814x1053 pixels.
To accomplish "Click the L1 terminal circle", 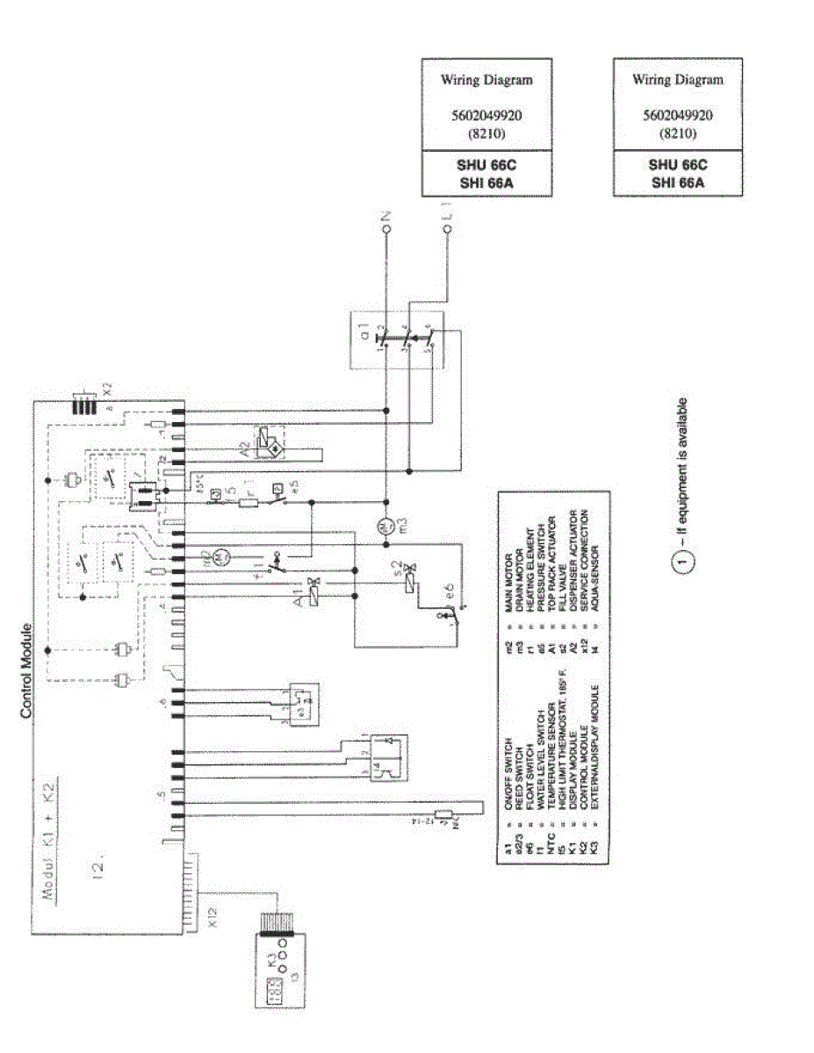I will pos(447,229).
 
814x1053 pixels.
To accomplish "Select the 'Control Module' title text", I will pos(26,670).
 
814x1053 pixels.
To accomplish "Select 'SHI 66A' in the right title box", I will pos(677,182).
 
